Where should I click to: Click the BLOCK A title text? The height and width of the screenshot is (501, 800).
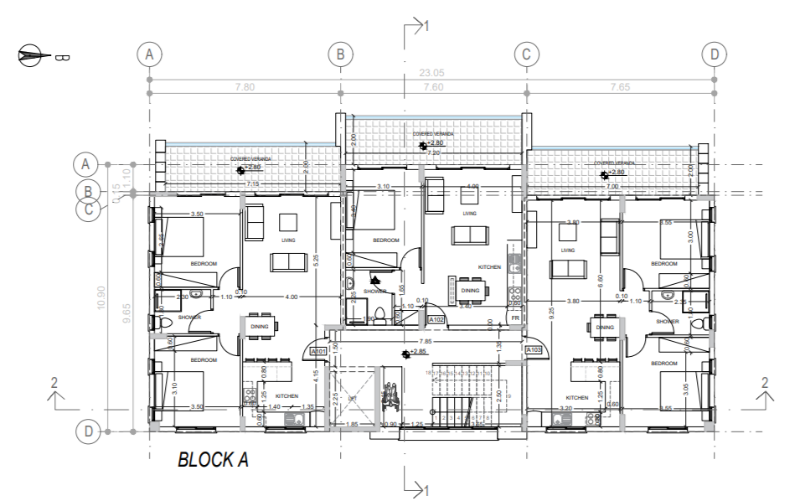point(213,459)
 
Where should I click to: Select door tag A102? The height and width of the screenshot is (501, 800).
point(436,319)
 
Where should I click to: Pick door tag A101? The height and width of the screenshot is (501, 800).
point(317,352)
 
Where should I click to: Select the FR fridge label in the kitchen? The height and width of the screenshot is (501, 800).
point(515,319)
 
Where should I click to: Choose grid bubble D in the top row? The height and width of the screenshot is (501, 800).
point(714,54)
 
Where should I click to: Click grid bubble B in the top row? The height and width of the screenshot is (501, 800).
point(340,54)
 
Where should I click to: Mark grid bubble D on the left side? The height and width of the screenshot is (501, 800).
point(86,431)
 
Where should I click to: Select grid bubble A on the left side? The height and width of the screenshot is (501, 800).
point(86,162)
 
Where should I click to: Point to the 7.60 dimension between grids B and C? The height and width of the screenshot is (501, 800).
point(433,87)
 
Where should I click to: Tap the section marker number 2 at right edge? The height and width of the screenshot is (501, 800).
point(765,382)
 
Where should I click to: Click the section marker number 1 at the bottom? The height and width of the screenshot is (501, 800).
point(427,488)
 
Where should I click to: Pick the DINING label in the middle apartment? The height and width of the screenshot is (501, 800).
point(470,291)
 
